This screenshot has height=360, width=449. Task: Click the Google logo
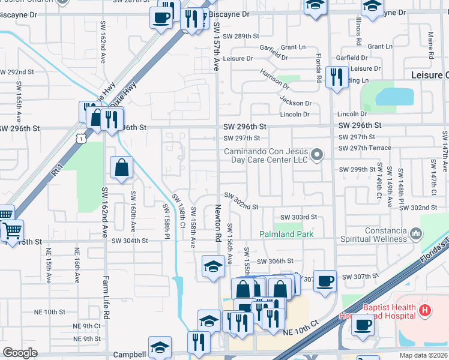click(x=20, y=353)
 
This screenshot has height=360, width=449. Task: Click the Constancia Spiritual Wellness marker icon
click(x=415, y=232)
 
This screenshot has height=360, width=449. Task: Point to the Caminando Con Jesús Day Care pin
click(x=319, y=155)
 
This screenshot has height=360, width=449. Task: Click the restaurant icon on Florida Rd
click(x=335, y=76)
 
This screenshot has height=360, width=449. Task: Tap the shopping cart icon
click(x=12, y=230)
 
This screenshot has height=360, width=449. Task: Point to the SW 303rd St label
click(x=298, y=217)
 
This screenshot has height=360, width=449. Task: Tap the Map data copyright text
click(x=424, y=355)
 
